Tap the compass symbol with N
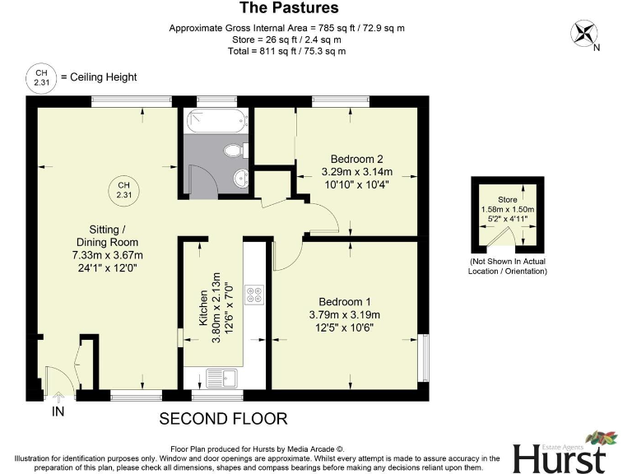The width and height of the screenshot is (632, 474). click(586, 33)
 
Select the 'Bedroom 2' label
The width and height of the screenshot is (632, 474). click(356, 158)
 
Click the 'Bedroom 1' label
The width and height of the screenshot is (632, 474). click(344, 301)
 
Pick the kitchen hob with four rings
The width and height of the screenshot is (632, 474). click(254, 295)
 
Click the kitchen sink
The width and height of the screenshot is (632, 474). click(221, 378)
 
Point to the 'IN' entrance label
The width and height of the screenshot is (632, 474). click(58, 411)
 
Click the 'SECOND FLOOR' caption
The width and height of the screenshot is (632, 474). click(223, 419)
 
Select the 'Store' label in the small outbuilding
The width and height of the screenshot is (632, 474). click(507, 200)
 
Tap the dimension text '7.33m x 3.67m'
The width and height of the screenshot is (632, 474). click(101, 256)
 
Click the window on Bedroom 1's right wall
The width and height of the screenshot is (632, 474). click(424, 358)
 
